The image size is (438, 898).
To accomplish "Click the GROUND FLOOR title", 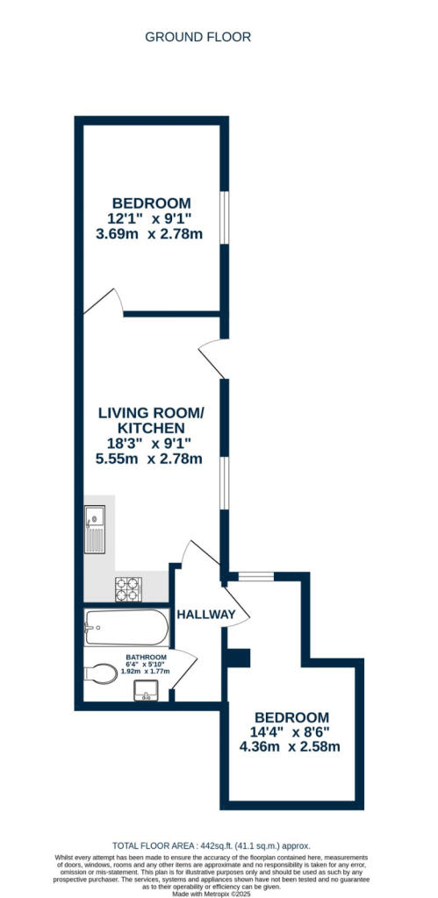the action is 197,37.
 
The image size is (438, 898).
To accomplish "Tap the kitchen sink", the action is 95,529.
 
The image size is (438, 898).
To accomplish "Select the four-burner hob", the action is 128,589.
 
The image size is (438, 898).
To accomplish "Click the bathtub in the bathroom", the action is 126,628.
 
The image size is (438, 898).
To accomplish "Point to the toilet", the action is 100,673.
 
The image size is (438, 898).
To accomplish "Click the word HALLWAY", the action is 205,615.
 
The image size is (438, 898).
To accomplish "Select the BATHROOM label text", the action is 147,657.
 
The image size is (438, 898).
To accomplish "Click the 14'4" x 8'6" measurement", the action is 291,732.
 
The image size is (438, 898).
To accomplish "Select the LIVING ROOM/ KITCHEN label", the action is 151,420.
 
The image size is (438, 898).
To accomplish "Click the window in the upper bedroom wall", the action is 224,217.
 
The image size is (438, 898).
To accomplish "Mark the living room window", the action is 224,483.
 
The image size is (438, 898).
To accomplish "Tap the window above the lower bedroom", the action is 255,576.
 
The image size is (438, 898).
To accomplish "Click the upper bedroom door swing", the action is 104,302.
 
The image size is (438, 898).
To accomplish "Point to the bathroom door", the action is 184,670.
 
